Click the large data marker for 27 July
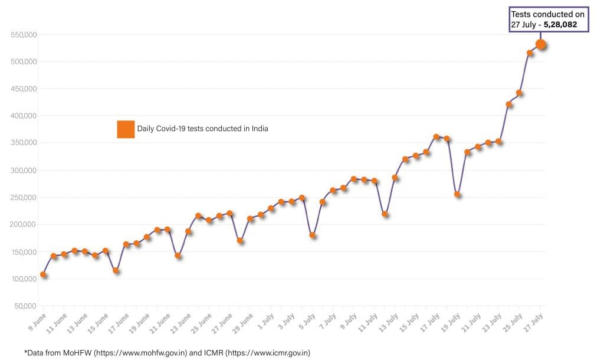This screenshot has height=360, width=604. (x=540, y=45)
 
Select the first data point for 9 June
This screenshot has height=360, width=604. (x=43, y=274)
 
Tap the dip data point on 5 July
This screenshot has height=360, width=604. (x=313, y=235)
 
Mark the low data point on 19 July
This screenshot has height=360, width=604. (x=457, y=194)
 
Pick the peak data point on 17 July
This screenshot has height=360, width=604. (x=436, y=137)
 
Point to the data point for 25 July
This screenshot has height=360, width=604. (x=520, y=93)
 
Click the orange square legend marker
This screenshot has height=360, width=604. (x=126, y=129)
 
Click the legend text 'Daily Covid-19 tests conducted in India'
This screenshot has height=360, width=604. (x=203, y=129)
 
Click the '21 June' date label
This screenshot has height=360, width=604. (x=159, y=322)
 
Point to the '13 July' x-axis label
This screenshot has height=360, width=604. (x=387, y=322)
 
